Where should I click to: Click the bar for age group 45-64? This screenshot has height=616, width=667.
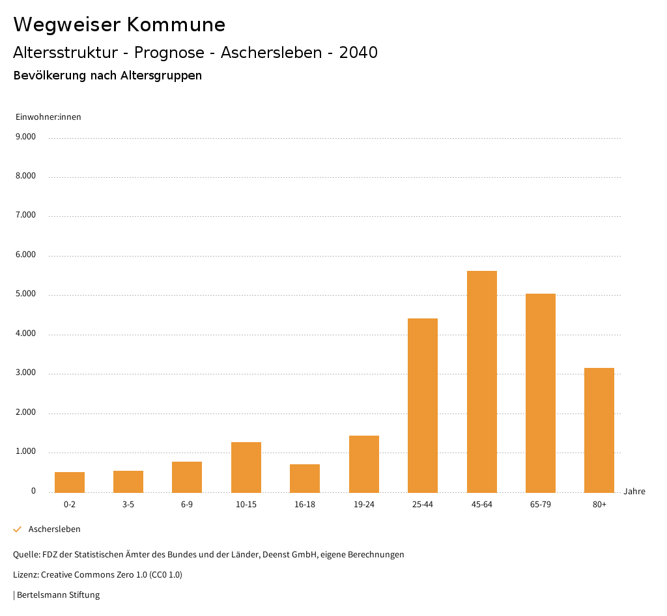[481, 382]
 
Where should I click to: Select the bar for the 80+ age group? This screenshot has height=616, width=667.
[599, 430]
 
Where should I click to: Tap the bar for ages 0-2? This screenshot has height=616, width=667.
[70, 482]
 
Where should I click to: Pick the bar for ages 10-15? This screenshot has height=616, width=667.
[246, 467]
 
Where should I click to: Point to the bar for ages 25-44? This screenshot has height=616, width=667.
[423, 405]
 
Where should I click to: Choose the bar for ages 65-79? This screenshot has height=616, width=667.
[541, 393]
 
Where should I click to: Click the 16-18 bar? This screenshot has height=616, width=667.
[305, 478]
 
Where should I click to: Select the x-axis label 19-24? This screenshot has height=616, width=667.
[364, 505]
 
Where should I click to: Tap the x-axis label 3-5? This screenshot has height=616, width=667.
[128, 505]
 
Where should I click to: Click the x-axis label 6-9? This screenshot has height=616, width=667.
[187, 505]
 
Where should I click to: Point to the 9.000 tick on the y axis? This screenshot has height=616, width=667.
[25, 137]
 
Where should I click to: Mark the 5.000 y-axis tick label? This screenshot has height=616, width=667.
[25, 294]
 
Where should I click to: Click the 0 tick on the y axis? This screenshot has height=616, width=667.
[33, 491]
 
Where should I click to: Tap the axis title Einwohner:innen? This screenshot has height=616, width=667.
[48, 117]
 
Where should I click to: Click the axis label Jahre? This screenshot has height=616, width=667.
[634, 492]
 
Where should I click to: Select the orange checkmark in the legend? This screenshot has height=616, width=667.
[18, 529]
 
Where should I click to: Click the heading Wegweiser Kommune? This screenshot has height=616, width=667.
[119, 25]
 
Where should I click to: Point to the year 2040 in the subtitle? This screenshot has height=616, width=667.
[358, 53]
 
